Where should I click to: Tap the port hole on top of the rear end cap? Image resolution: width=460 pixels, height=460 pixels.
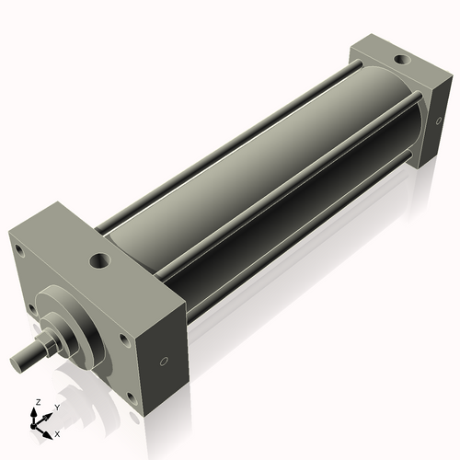pyautogui.click(x=399, y=60)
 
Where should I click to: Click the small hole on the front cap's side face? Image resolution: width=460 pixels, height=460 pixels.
pyautogui.click(x=165, y=360)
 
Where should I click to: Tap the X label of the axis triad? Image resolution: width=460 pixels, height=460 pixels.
pyautogui.click(x=57, y=432)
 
